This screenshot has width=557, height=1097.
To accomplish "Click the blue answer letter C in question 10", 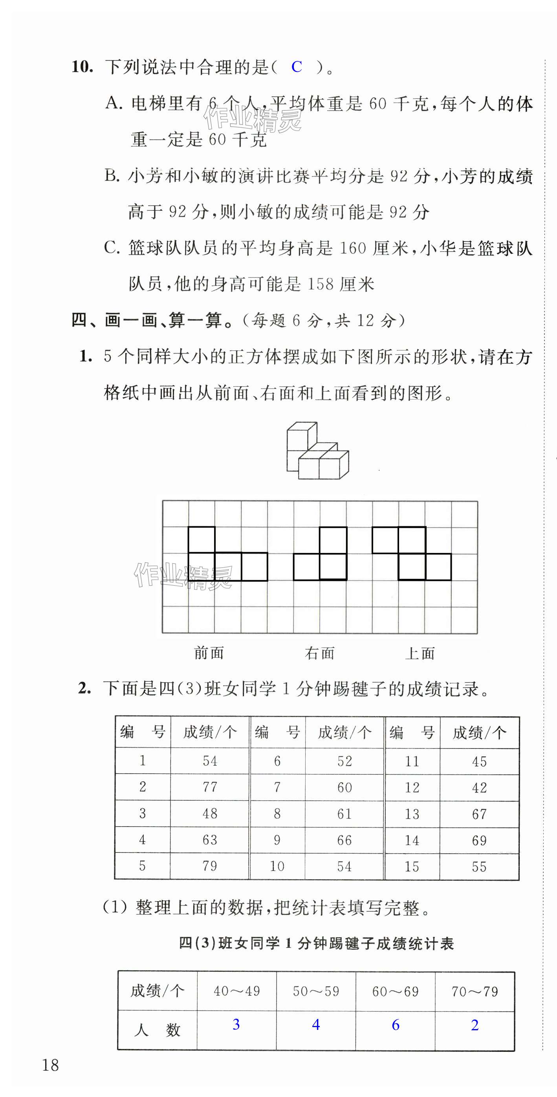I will coord(297,67).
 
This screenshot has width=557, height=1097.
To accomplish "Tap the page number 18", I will coord(50,1065).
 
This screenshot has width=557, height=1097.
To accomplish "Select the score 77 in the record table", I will coord(210,787).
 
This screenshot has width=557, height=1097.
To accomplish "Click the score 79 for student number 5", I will coord(210,866).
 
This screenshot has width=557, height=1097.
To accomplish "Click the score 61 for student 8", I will coord(344,814).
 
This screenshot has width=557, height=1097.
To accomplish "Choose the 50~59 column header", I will coord(316,991).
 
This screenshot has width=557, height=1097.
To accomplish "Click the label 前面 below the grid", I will coord(209,653).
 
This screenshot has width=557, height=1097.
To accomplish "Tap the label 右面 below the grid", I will coord(320,653).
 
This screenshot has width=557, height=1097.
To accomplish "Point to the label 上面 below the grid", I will coord(420,653).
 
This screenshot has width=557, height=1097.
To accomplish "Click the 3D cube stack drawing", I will coord(317,451).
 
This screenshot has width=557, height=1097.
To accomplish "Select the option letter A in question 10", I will coord(114,104).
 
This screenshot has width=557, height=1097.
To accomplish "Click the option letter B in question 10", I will coord(112,175).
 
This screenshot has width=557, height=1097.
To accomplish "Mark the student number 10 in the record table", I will coord(277,866).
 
